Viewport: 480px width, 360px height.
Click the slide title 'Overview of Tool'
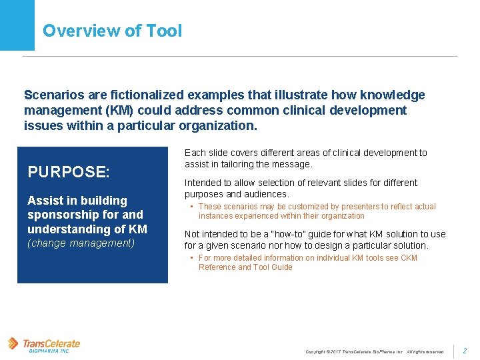pos(112,31)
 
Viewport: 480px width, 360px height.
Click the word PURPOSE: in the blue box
pos(69,172)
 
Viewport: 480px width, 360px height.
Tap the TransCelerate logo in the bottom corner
pos(44,345)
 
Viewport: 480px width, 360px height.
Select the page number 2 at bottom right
pos(465,351)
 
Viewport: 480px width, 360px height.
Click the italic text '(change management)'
pos(81,243)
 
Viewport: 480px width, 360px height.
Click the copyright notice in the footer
pos(374,351)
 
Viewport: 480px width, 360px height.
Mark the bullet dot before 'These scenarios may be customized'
pos(191,207)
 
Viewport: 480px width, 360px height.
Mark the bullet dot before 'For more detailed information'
pos(191,258)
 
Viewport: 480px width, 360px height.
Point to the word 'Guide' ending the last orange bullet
pos(281,267)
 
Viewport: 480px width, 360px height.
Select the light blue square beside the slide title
pos(17,25)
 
